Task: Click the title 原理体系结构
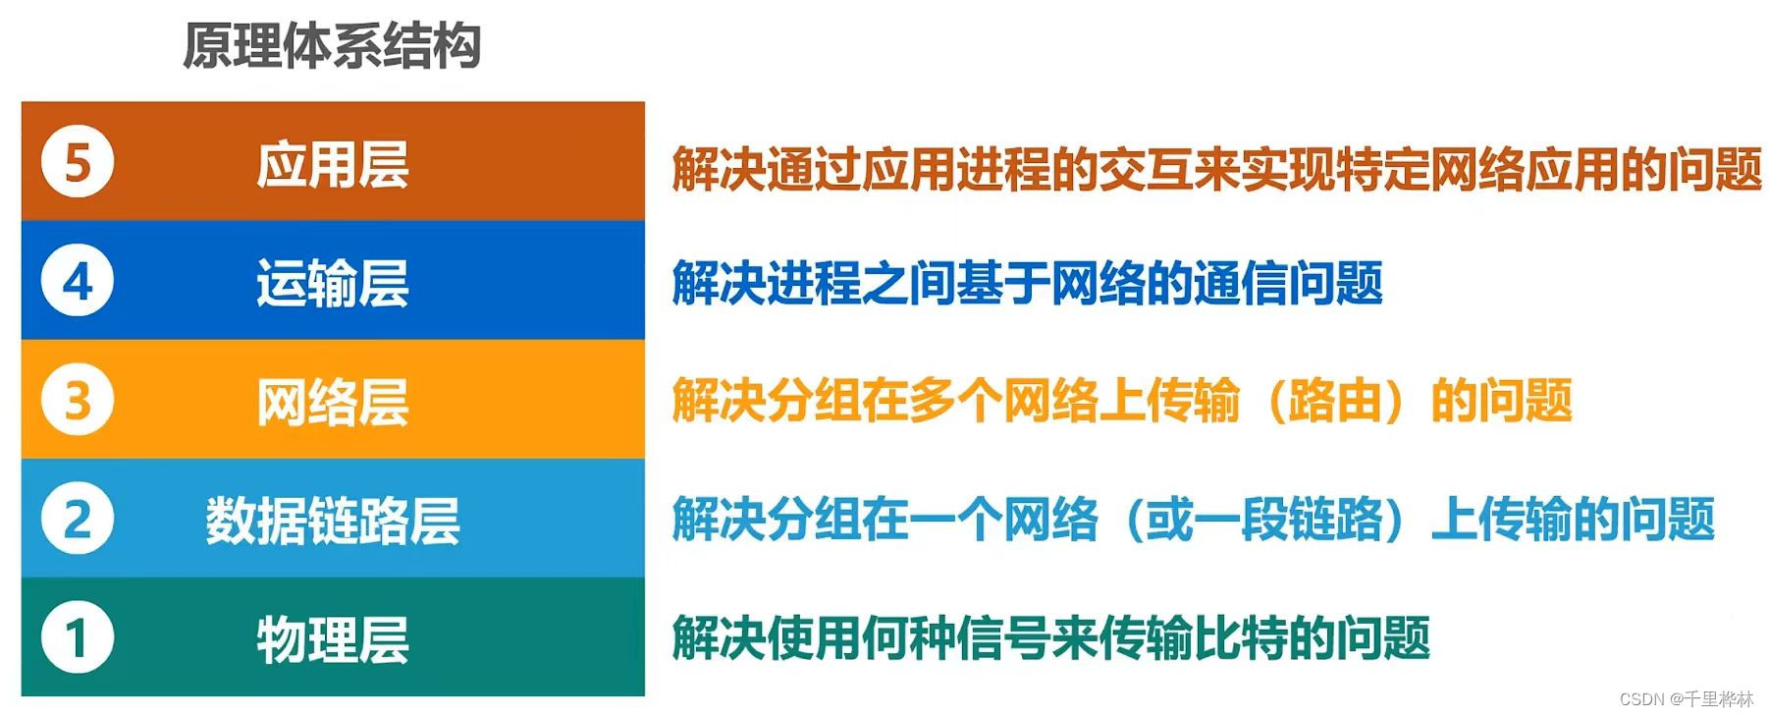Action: click(332, 46)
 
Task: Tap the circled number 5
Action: click(78, 161)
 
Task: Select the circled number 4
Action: click(78, 281)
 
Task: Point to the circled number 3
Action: click(78, 400)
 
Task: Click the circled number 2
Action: click(78, 519)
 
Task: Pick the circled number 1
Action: click(78, 638)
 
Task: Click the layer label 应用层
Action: click(332, 163)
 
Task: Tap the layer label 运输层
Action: click(332, 283)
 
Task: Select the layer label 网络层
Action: click(332, 402)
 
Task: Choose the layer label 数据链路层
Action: click(332, 521)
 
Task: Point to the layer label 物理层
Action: click(332, 639)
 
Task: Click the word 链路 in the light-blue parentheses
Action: click(1335, 520)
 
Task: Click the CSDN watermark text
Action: click(1687, 699)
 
